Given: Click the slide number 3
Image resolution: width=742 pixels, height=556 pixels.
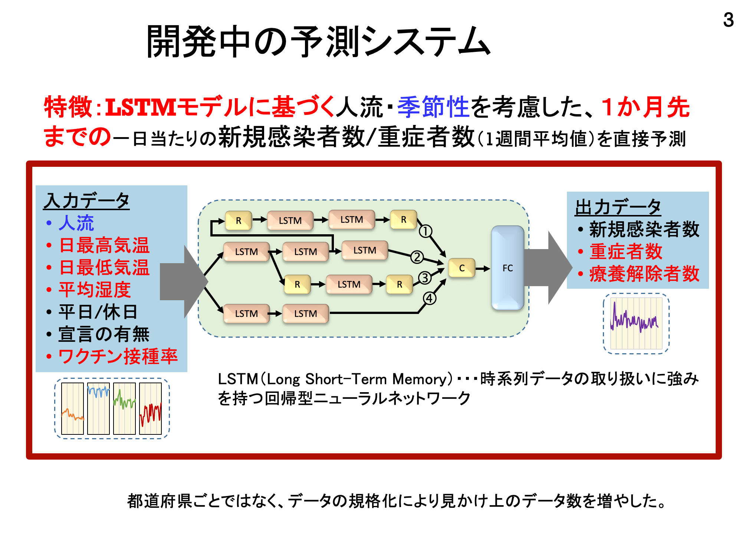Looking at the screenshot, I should click(x=728, y=20).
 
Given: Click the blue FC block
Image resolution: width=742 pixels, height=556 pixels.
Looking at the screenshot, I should click(x=508, y=268).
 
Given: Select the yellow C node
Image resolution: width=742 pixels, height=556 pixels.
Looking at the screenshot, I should click(x=462, y=268).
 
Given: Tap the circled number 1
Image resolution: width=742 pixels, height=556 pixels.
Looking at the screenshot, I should click(x=426, y=231).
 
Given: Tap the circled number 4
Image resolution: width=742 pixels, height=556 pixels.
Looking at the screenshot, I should click(x=430, y=298).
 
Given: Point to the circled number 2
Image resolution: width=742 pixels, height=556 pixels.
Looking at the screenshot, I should click(x=417, y=257).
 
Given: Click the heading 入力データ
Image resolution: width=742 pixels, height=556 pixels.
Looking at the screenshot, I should click(x=86, y=201).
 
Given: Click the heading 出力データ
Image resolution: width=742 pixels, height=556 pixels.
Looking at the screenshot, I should click(x=618, y=207).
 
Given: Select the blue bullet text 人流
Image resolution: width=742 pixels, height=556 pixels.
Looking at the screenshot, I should click(x=76, y=223).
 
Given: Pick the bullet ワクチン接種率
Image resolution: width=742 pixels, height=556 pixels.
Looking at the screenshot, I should click(x=118, y=357).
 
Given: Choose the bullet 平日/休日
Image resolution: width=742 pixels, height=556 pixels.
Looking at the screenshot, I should click(x=98, y=312).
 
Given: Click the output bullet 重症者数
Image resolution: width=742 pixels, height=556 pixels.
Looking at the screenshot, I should click(x=626, y=252).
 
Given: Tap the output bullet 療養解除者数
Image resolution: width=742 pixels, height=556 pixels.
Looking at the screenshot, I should click(x=644, y=274).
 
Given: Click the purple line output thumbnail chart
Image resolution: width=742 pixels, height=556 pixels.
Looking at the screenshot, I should click(x=636, y=323).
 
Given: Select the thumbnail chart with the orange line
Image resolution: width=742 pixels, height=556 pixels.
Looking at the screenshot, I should click(x=72, y=408).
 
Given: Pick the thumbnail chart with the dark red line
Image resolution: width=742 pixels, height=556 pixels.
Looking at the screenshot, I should click(x=150, y=408).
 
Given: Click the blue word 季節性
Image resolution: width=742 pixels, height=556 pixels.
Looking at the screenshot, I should click(x=433, y=107).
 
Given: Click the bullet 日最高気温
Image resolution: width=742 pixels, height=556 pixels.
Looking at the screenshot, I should click(x=104, y=245).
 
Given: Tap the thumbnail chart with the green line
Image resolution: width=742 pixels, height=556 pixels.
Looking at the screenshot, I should click(x=124, y=408).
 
